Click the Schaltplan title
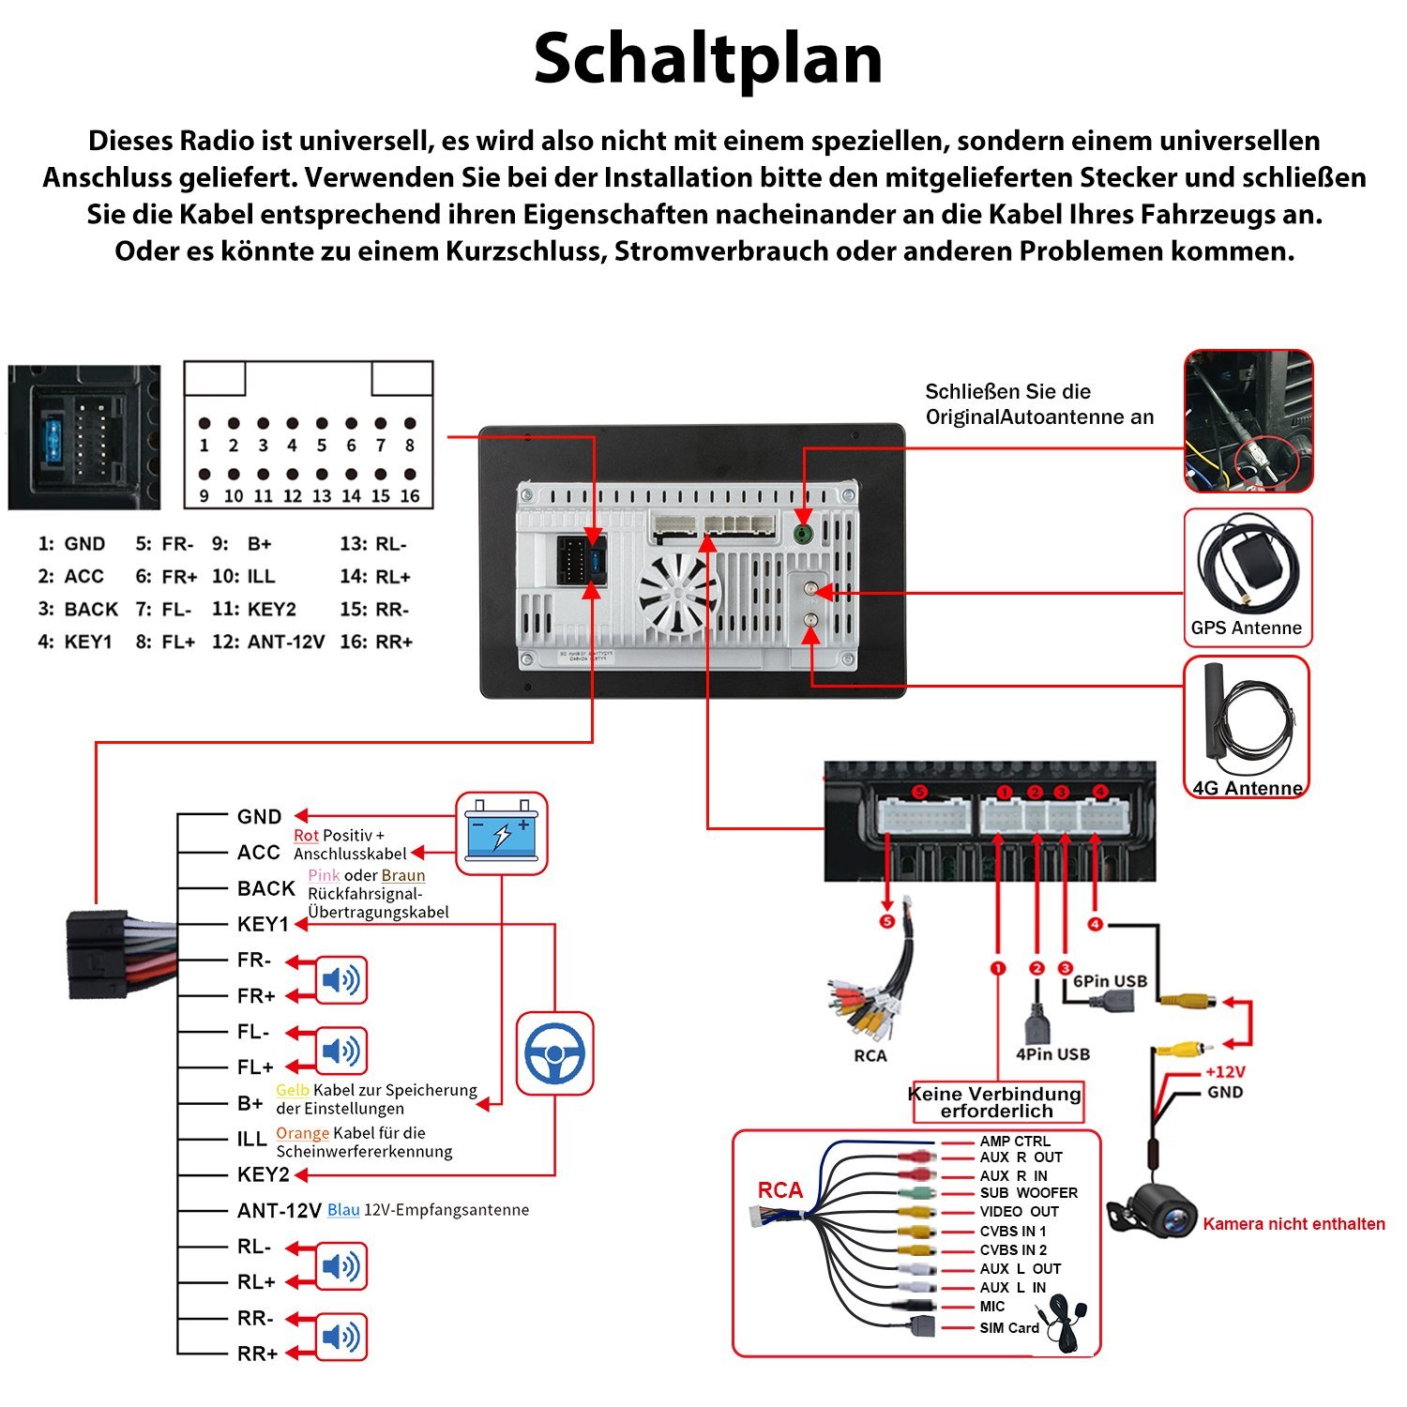(x=708, y=59)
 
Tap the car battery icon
(x=501, y=832)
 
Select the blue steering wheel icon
(x=554, y=1052)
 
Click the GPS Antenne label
(x=1246, y=628)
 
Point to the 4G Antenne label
(x=1248, y=788)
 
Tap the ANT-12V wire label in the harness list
(x=279, y=1211)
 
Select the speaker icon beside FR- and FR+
(x=340, y=980)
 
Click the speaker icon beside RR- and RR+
(x=340, y=1337)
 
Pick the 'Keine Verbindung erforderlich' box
(x=996, y=1102)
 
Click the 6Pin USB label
(x=1110, y=981)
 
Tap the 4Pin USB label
(x=1052, y=1054)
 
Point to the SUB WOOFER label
(x=1028, y=1193)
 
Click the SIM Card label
(x=1009, y=1328)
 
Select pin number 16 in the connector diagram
(x=410, y=495)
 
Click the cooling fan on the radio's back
(x=677, y=593)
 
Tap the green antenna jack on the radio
(x=803, y=534)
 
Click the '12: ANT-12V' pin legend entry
(x=268, y=643)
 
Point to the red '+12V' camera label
(x=1225, y=1072)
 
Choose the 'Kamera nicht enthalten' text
(x=1294, y=1224)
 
